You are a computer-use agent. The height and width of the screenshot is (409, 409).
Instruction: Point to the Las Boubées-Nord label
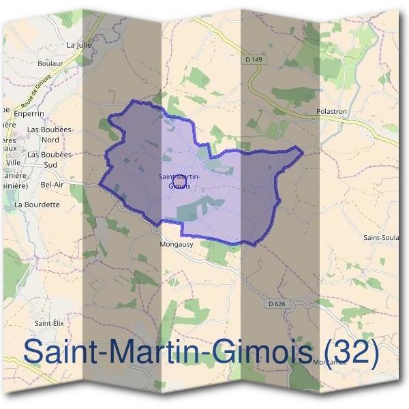[49, 134]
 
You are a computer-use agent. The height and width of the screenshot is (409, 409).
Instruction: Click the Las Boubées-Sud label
[49, 160]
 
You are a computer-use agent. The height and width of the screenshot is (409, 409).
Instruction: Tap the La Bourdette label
[37, 204]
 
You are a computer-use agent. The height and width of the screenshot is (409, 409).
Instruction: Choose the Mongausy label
[175, 243]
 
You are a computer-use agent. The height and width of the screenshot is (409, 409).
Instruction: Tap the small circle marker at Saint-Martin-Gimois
[179, 181]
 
